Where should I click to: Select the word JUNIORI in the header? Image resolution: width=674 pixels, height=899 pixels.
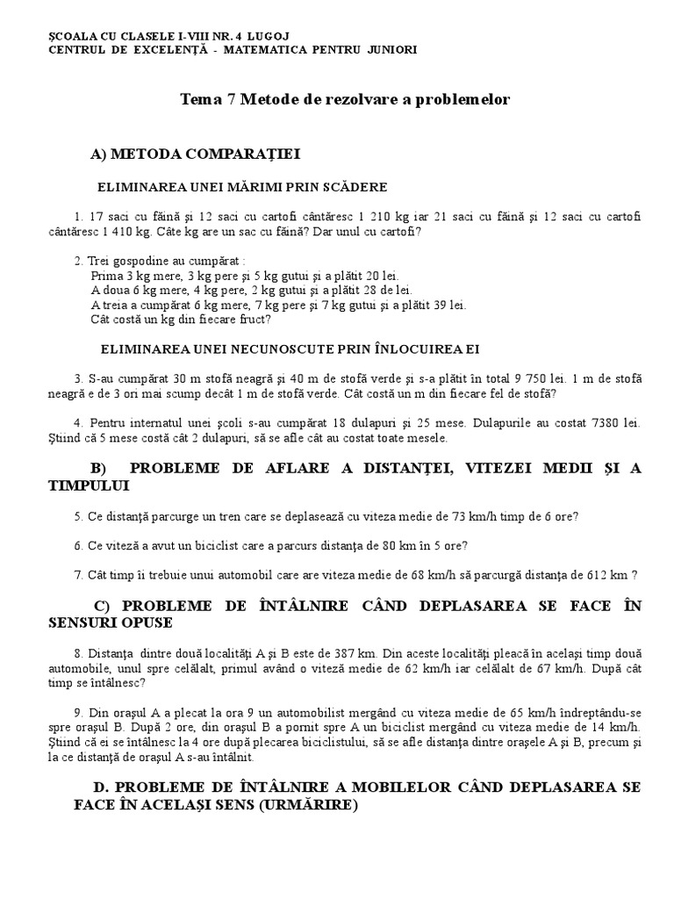point(391,49)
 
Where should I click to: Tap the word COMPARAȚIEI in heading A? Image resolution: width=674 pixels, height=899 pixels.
point(254,155)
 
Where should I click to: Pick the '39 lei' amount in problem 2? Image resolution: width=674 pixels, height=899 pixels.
point(448,306)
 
